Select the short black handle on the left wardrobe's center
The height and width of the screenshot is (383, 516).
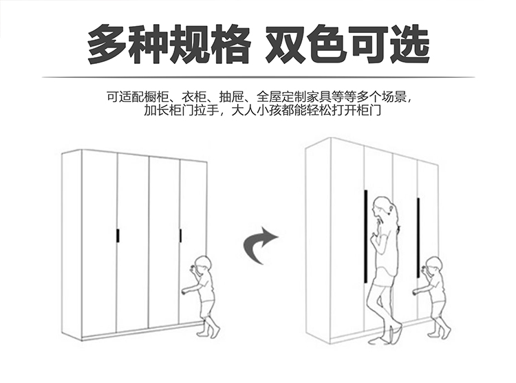tap(118, 235)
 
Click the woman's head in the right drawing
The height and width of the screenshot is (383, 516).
tap(383, 207)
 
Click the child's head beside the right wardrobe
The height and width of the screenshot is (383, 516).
tap(433, 265)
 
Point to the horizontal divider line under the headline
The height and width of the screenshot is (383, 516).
tap(258, 77)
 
